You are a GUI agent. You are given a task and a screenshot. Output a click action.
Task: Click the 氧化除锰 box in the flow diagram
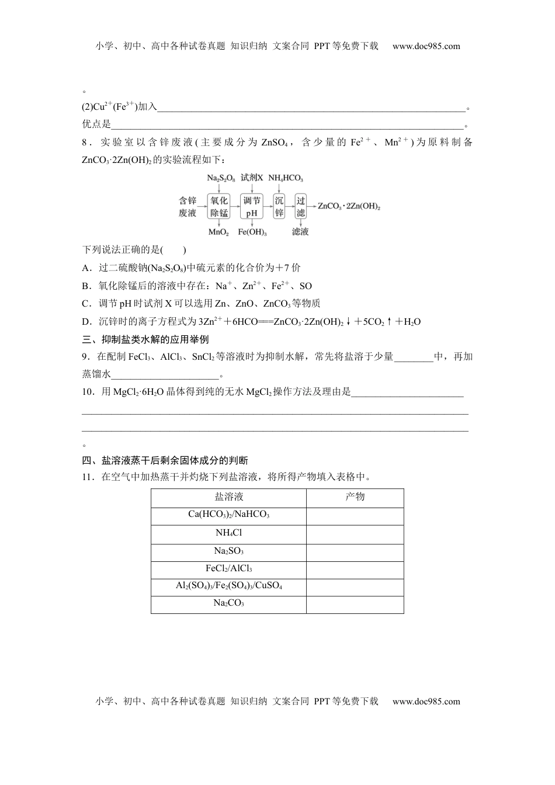(219, 206)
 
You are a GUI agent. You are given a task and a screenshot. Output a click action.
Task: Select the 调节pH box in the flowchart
(251, 206)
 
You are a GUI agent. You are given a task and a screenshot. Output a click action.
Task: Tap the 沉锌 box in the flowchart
(279, 206)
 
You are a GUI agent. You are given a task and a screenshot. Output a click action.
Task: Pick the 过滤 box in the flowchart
(300, 206)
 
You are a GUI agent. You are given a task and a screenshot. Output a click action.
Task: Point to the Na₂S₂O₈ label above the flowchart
(220, 178)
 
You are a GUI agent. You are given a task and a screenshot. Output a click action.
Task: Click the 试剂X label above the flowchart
(252, 178)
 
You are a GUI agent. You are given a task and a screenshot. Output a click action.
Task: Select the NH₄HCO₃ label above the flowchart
(286, 178)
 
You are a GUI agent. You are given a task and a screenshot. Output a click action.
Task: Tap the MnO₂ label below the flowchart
(218, 232)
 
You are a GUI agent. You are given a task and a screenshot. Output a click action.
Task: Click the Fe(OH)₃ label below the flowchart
(252, 232)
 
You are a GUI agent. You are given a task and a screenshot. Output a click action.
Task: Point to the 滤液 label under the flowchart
(300, 231)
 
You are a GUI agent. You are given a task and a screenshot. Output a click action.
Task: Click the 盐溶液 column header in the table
(228, 497)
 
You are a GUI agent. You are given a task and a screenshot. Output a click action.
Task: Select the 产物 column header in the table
(355, 497)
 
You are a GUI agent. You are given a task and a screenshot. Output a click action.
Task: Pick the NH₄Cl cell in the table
(228, 533)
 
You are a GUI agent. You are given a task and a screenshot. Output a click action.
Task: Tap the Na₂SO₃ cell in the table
(228, 551)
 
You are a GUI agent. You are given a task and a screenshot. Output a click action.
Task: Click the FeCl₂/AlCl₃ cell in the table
(228, 568)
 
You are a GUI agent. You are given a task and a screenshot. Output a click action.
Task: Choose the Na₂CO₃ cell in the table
(228, 603)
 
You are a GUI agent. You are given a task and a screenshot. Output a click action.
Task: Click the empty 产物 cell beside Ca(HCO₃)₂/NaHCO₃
(355, 515)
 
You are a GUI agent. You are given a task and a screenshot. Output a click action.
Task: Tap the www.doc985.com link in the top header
(426, 46)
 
